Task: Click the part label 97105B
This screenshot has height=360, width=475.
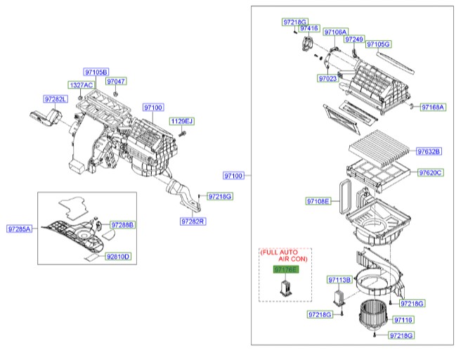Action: pyautogui.click(x=96, y=72)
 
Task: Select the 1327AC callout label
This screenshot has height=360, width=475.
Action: pyautogui.click(x=81, y=85)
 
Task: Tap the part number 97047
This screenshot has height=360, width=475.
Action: pyautogui.click(x=117, y=82)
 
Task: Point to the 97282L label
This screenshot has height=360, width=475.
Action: pyautogui.click(x=56, y=99)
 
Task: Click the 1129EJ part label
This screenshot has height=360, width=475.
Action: pyautogui.click(x=181, y=122)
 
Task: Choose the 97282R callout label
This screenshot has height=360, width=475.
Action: pyautogui.click(x=192, y=221)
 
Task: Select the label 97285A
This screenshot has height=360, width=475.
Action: pyautogui.click(x=20, y=229)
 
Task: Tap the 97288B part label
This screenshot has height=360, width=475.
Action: pyautogui.click(x=122, y=225)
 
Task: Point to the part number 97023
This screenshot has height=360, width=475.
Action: pyautogui.click(x=327, y=78)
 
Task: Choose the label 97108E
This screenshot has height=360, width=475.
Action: pyautogui.click(x=318, y=202)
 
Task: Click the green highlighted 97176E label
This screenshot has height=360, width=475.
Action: pyautogui.click(x=286, y=269)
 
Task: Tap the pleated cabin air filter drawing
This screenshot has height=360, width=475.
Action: pyautogui.click(x=379, y=148)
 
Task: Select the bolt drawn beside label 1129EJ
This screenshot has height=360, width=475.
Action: pyautogui.click(x=181, y=134)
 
